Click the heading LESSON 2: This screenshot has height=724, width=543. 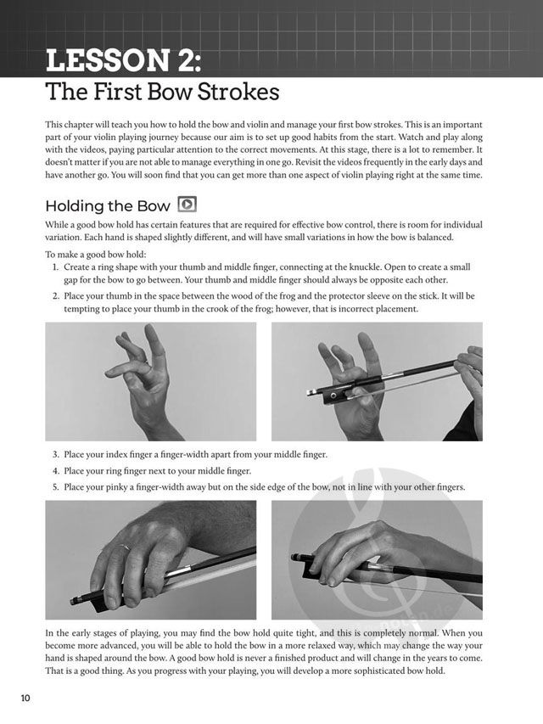(x=124, y=60)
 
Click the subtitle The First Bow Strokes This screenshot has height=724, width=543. (x=162, y=92)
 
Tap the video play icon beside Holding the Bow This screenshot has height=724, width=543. (x=188, y=204)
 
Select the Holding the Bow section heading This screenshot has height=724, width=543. (x=108, y=206)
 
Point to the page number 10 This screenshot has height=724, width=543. (x=25, y=699)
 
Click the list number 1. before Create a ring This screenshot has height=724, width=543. (x=55, y=267)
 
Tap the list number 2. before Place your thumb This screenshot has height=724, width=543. (x=55, y=296)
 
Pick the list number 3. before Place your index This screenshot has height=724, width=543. (x=55, y=455)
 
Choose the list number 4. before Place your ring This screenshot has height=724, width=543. (x=55, y=471)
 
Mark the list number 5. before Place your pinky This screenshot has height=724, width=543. (x=55, y=487)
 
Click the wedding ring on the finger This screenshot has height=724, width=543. (x=121, y=548)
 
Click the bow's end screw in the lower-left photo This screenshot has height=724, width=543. (x=75, y=601)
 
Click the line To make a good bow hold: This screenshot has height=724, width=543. (x=96, y=255)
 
